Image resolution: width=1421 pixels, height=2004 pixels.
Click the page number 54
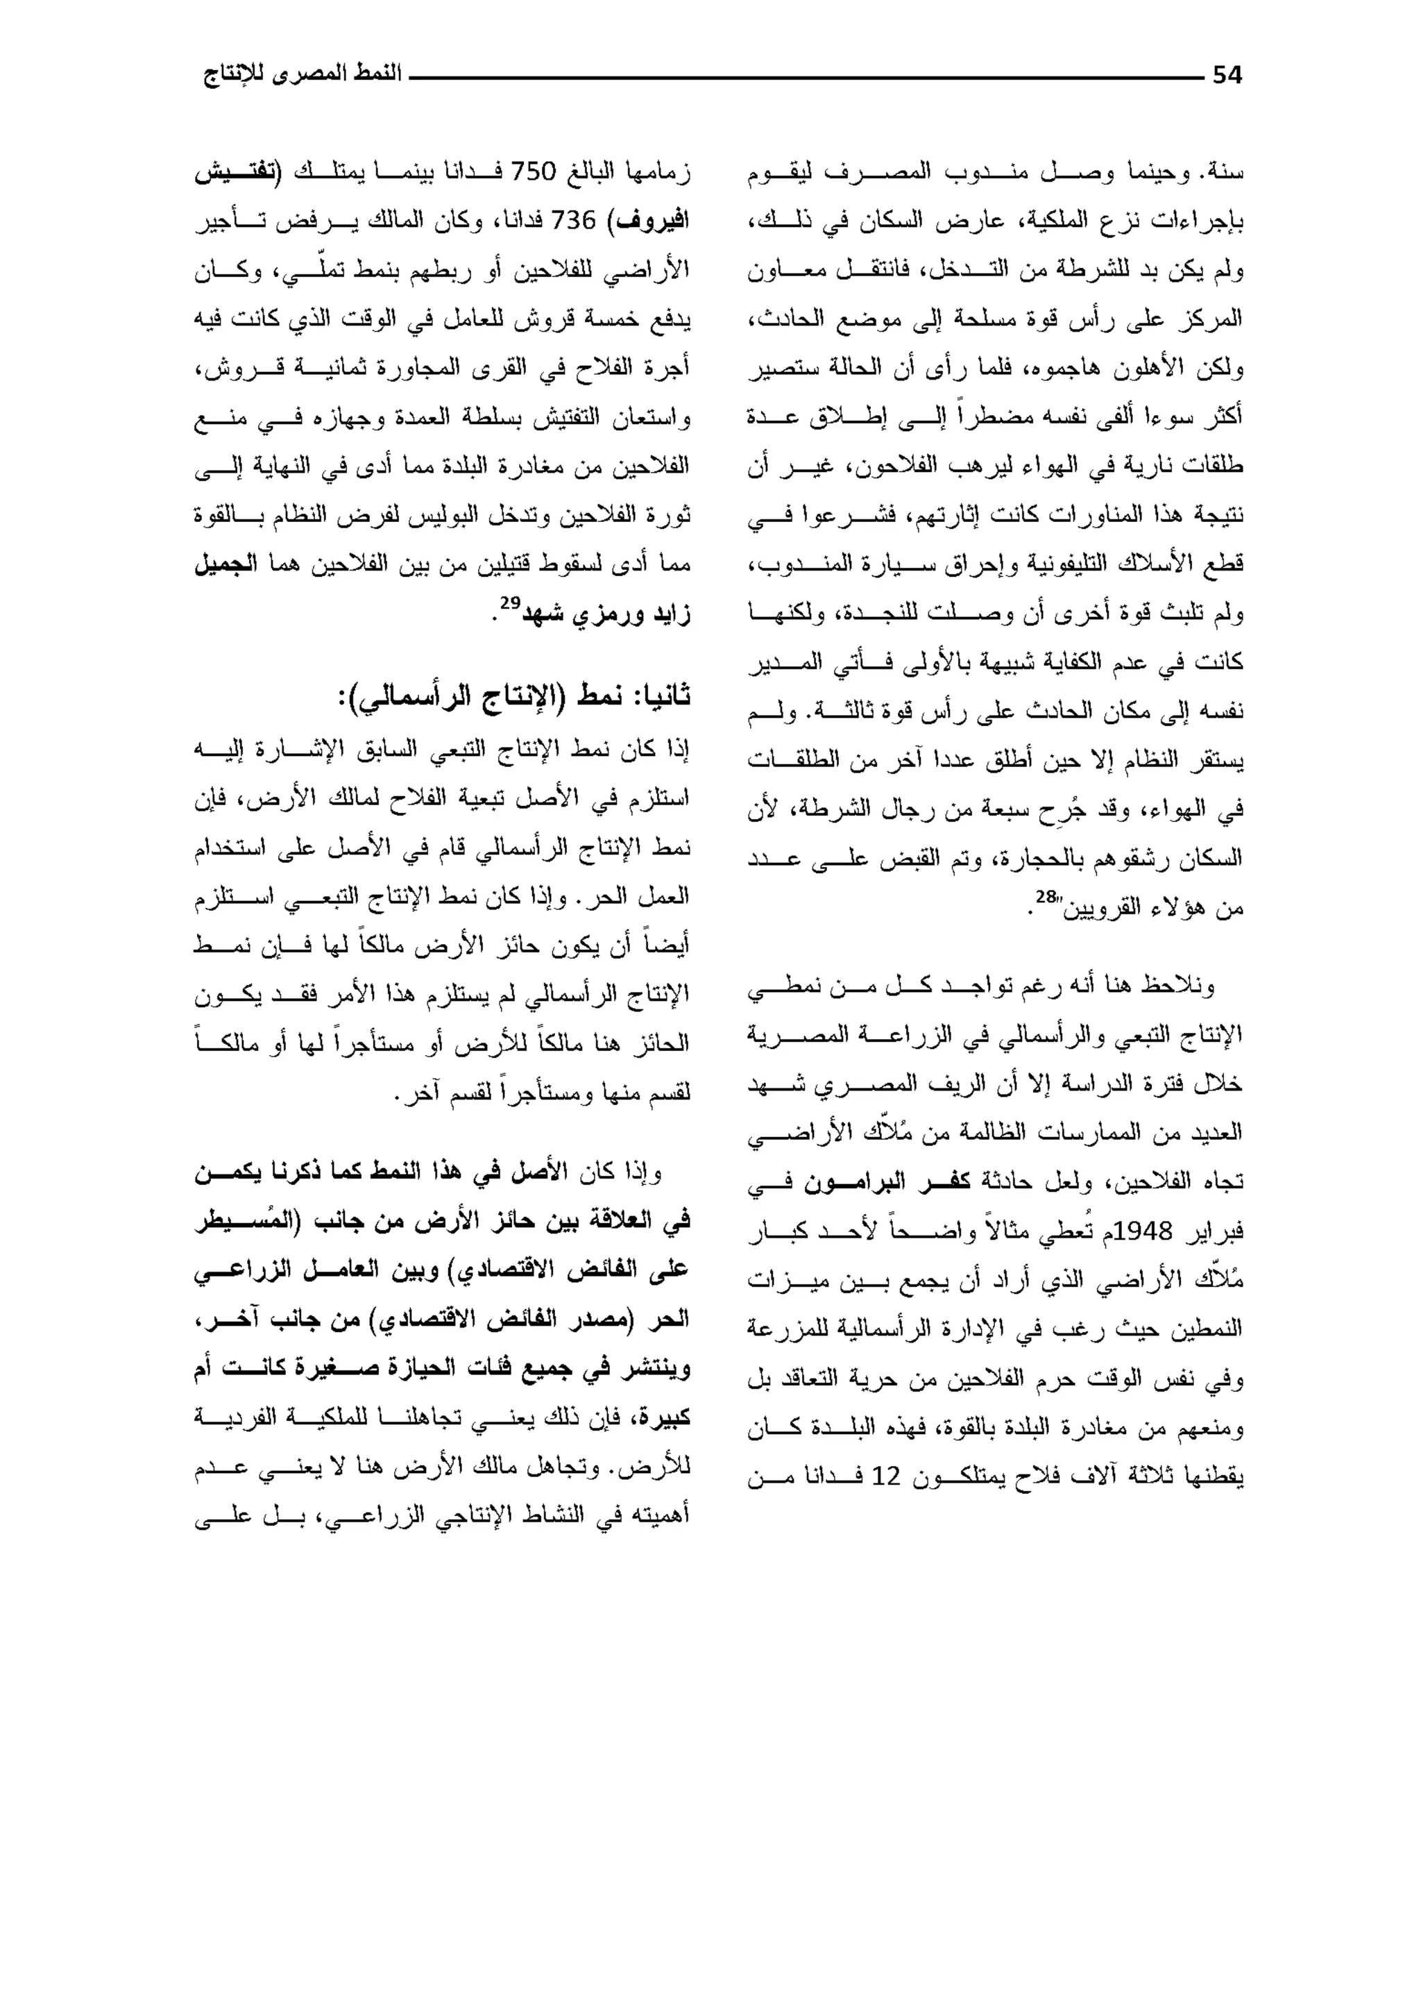[1227, 76]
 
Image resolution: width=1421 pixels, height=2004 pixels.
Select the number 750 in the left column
[533, 171]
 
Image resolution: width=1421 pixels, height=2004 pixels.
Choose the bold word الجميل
[226, 564]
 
